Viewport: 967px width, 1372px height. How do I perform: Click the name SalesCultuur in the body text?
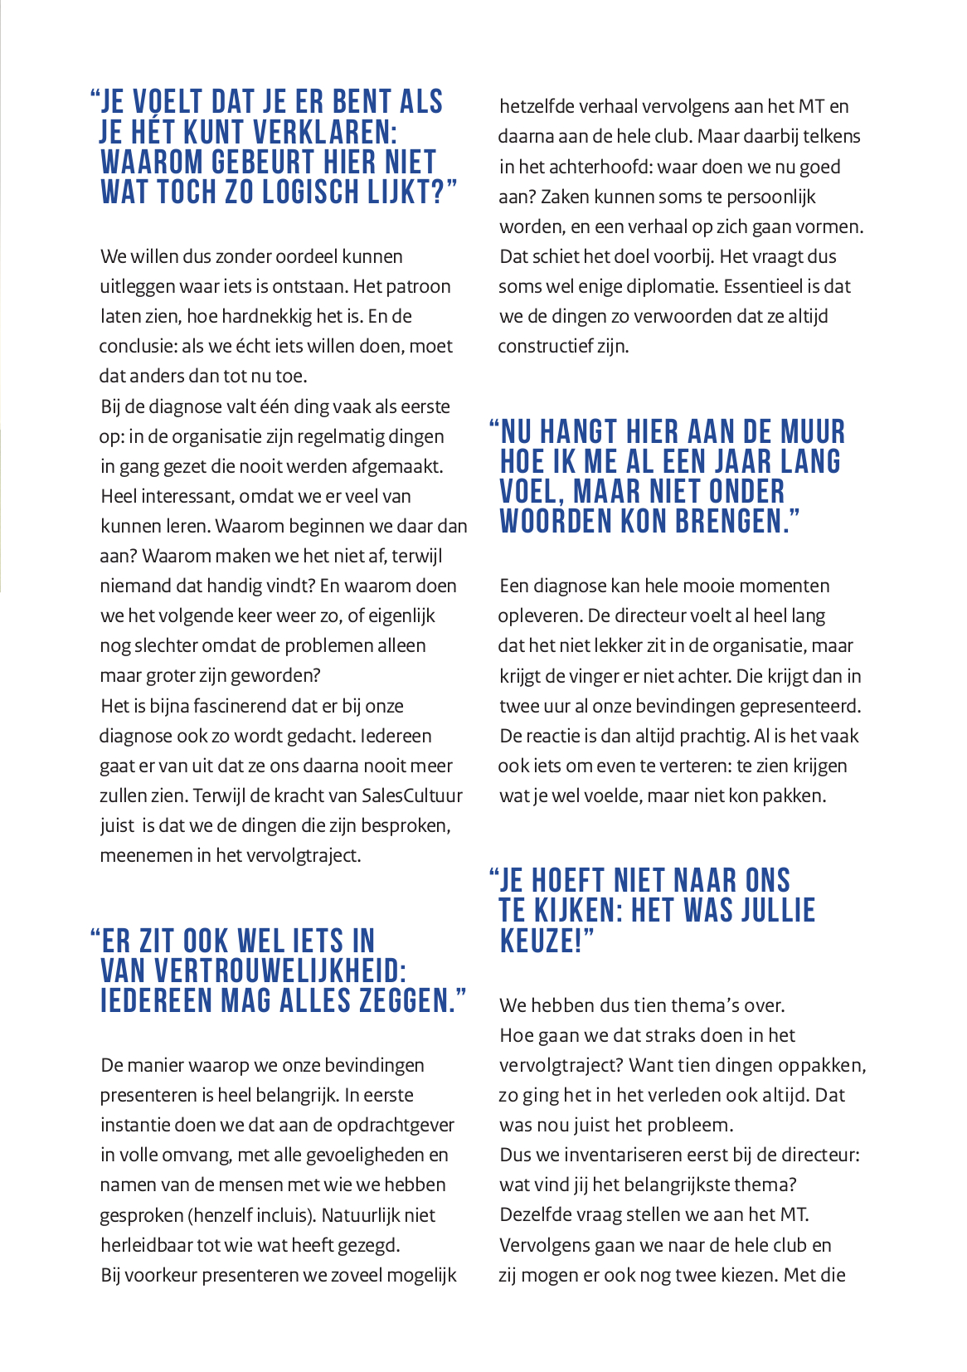coord(411,795)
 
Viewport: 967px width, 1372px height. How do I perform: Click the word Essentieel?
coord(762,286)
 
